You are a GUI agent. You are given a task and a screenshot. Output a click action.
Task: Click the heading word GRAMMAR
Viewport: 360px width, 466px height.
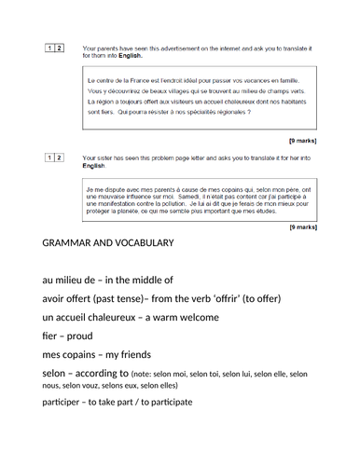coord(74,243)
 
